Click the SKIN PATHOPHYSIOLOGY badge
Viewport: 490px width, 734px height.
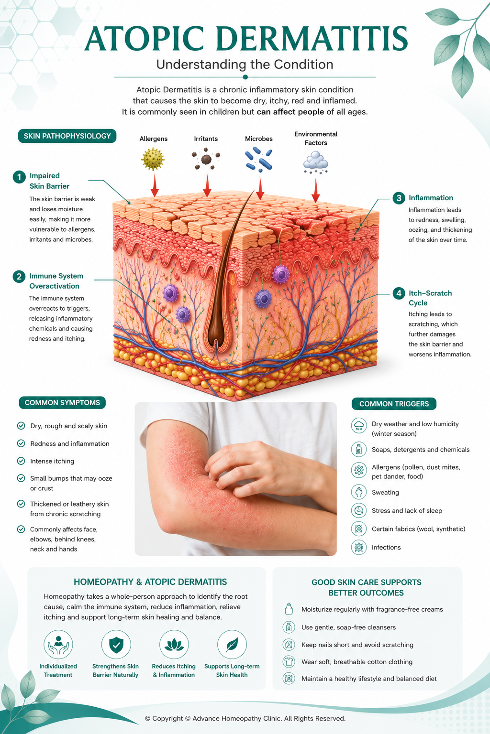pos(67,136)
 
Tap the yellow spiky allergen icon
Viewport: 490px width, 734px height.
pos(153,159)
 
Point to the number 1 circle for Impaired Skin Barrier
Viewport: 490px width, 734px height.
pos(19,177)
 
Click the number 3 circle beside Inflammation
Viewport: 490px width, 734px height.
pos(399,198)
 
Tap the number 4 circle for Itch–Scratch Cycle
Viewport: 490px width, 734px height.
pos(399,293)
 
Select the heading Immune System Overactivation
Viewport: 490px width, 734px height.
pos(56,281)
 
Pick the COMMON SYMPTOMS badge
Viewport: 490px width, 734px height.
pos(62,403)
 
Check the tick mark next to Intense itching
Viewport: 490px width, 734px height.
pos(21,461)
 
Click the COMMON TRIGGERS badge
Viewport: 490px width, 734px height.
pos(394,404)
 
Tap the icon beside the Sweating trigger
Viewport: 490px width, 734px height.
pos(359,492)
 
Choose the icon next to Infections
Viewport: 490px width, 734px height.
pos(359,547)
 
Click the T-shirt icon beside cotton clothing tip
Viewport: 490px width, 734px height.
pos(289,661)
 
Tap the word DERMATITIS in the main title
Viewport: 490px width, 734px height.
pos(312,39)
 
